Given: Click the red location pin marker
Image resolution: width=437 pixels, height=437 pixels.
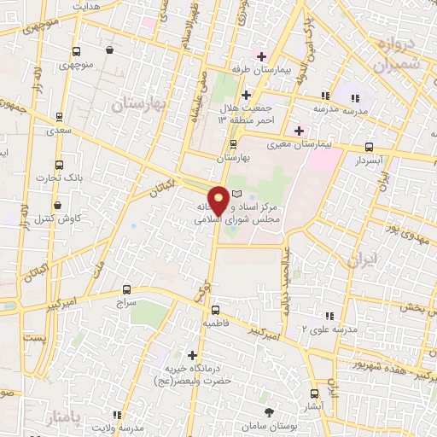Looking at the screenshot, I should click(218, 201).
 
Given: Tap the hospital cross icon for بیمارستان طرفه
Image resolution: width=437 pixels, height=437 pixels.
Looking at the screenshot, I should click(261, 56).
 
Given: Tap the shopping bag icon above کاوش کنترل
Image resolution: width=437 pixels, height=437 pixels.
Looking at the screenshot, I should click(56, 206).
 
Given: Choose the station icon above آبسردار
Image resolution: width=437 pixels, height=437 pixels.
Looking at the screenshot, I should click(369, 146).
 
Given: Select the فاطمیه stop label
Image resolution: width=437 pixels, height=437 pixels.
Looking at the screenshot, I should click(214, 325).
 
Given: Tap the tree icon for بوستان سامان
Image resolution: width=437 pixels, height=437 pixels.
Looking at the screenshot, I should click(270, 412).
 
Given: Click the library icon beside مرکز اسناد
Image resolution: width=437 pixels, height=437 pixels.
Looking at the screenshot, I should click(236, 195).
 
